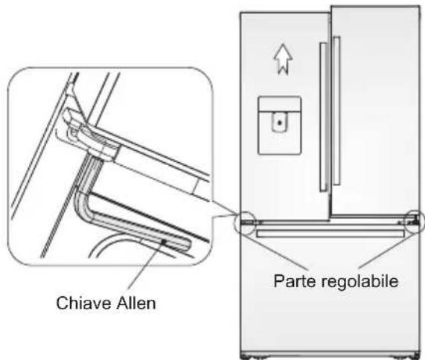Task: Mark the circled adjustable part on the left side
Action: [x=245, y=223]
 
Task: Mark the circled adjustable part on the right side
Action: [x=412, y=221]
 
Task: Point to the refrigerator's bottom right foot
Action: [x=401, y=353]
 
